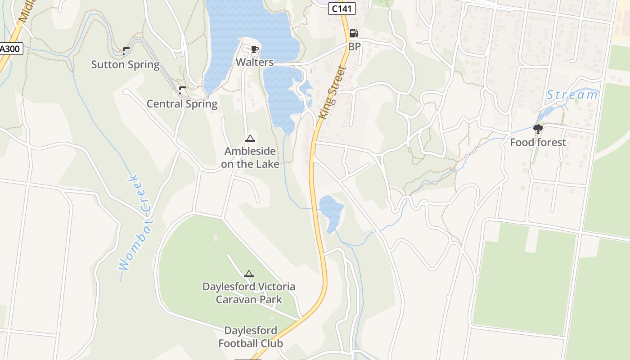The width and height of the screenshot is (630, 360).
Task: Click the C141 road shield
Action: point(342,9)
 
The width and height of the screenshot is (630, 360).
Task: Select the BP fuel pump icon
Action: point(354,33)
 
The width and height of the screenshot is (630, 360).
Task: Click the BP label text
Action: point(354,46)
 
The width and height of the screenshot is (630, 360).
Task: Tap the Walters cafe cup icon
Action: point(254,49)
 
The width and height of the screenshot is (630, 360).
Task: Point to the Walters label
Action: point(255,62)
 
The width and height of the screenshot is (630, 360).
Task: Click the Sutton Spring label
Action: point(126,64)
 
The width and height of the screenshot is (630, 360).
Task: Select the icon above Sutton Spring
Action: point(126,51)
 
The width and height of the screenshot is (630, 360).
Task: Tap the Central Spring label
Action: point(182,104)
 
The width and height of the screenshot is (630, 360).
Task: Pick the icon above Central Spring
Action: point(182,90)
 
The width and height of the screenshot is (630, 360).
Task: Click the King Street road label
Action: point(332,93)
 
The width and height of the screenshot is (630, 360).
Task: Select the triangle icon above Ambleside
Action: point(250,138)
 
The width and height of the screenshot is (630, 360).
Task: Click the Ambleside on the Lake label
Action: point(250,157)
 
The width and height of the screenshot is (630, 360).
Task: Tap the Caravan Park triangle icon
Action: point(249,274)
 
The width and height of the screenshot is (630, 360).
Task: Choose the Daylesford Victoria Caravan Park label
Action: point(249,293)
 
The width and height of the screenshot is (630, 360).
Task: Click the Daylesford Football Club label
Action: point(251,337)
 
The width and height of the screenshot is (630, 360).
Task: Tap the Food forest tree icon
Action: point(538,130)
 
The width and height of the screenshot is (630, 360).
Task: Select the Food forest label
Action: point(538,143)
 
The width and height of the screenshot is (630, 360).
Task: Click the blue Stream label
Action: point(572,95)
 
